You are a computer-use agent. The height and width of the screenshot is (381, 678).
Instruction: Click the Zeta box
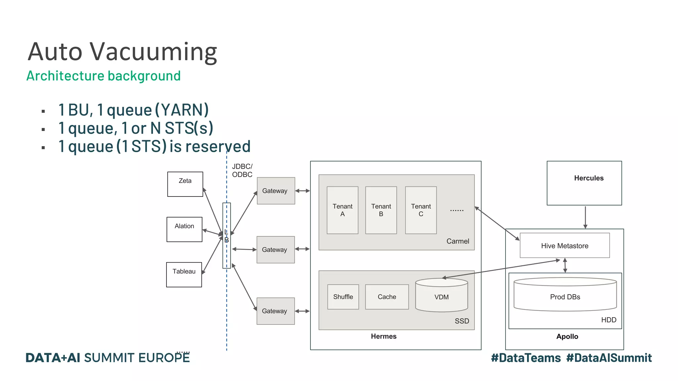tap(185, 184)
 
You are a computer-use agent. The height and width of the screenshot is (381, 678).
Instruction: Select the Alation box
tap(184, 229)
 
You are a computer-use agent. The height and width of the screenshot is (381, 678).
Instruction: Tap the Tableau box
tap(184, 275)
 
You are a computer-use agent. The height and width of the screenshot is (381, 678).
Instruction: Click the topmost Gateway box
tap(276, 191)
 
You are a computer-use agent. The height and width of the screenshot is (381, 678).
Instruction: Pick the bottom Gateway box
tap(275, 311)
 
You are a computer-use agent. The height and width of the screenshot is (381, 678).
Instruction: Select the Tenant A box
tap(342, 210)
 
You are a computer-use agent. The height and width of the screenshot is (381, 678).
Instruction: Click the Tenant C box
tap(421, 210)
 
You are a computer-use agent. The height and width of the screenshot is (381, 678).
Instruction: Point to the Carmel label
tap(458, 241)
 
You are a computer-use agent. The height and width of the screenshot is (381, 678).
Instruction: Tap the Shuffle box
tap(343, 297)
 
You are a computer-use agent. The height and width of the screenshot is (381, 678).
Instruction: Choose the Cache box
tap(387, 297)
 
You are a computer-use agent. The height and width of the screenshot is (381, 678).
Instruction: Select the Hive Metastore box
tap(564, 245)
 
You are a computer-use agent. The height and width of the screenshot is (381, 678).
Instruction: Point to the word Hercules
tap(589, 178)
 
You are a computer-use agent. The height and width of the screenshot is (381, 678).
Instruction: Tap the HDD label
tap(608, 320)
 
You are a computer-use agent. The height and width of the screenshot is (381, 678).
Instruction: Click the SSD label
tap(461, 321)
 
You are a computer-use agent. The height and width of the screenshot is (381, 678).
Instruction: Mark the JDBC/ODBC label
tap(242, 170)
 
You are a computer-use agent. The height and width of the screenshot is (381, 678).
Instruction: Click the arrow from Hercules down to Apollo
tap(585, 217)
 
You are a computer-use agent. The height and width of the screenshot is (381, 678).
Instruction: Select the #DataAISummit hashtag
tap(609, 358)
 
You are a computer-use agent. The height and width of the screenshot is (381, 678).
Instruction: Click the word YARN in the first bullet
tap(181, 110)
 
